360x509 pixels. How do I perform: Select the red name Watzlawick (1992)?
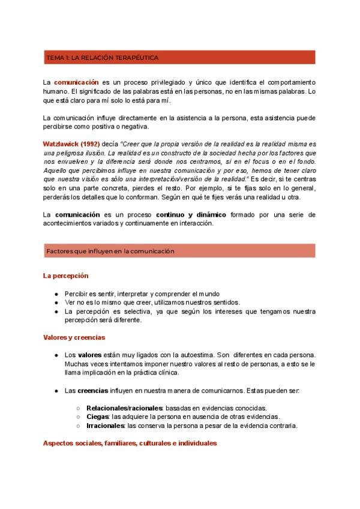[x=66, y=145]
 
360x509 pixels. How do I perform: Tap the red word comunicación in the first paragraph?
[x=76, y=82]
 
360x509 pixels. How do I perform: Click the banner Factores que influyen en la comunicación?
[x=110, y=251]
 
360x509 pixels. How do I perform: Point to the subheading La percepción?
[x=65, y=276]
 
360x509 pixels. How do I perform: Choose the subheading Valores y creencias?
[x=74, y=337]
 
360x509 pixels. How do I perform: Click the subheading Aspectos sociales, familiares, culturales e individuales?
[x=130, y=443]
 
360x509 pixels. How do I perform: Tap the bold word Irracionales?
[x=106, y=426]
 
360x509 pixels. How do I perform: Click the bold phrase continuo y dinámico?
[x=190, y=214]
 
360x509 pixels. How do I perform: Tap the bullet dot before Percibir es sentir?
[x=56, y=294]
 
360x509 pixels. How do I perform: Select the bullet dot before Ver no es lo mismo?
[x=56, y=303]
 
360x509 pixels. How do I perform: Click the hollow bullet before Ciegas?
[x=79, y=417]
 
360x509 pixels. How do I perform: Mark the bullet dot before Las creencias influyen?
[x=56, y=390]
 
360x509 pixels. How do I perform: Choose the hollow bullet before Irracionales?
[x=79, y=426]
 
